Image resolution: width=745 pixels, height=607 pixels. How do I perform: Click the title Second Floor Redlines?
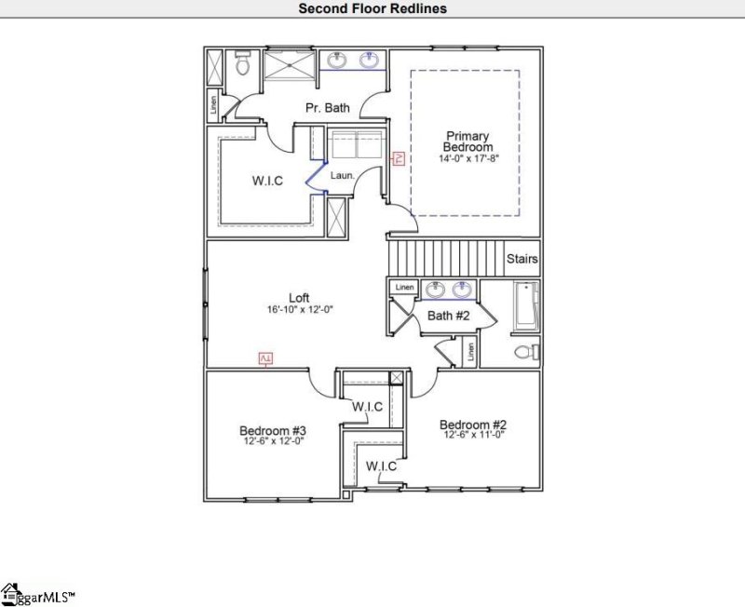(372, 8)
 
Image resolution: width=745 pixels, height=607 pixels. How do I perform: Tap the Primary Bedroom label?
(467, 142)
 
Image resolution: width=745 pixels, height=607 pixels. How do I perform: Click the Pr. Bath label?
(328, 108)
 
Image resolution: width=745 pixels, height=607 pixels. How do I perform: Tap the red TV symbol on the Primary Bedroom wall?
(398, 159)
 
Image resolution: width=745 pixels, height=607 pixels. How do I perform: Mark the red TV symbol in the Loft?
(265, 358)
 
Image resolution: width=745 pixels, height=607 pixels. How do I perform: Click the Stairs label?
(522, 258)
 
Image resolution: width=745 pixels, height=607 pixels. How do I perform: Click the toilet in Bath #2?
(526, 352)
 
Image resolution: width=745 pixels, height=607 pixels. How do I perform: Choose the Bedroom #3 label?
(273, 430)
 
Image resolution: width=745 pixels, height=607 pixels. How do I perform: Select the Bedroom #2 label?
(473, 424)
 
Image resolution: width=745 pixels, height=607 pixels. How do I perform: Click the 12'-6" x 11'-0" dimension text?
(473, 435)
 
